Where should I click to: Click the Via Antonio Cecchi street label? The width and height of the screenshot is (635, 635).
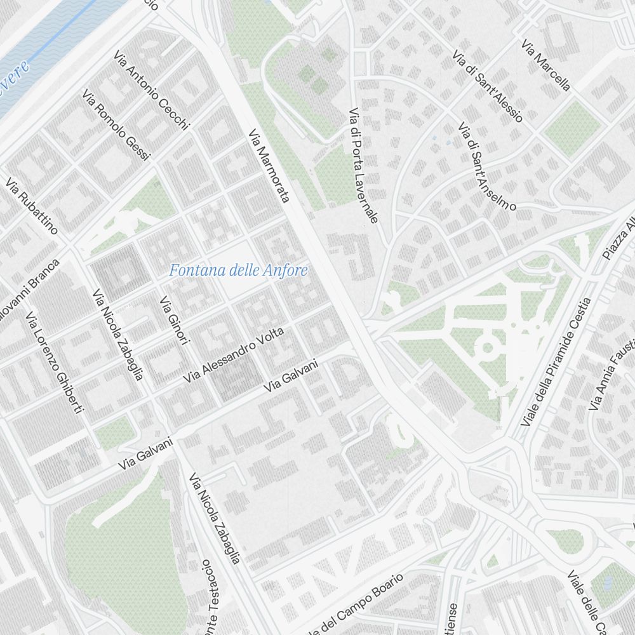pos(152,91)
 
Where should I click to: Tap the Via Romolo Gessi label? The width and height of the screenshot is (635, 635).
pos(116,125)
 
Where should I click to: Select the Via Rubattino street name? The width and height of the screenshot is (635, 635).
pos(32,206)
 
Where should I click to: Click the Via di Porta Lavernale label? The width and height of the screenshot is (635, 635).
pos(363,165)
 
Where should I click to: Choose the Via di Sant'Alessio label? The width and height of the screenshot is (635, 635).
pos(488,87)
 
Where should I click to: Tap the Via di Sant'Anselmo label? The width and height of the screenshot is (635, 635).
pos(487,166)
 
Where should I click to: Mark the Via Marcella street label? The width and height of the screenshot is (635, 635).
pos(545,65)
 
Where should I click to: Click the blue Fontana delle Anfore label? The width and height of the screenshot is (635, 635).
pos(238,271)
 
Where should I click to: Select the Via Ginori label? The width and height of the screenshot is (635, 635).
pos(175,321)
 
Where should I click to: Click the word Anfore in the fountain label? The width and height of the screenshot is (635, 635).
pos(286,271)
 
